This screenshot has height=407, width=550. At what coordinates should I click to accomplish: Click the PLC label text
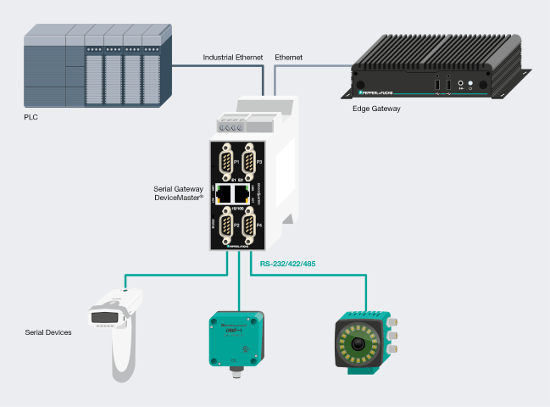click(x=31, y=118)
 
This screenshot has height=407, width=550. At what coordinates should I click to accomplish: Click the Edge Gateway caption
click(x=376, y=109)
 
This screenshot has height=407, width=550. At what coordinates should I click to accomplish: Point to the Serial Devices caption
click(x=48, y=332)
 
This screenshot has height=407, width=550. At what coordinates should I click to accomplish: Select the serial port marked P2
click(x=225, y=226)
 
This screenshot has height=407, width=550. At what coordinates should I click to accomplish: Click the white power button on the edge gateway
click(x=470, y=84)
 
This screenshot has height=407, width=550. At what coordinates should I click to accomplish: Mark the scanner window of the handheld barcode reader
click(x=103, y=318)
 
